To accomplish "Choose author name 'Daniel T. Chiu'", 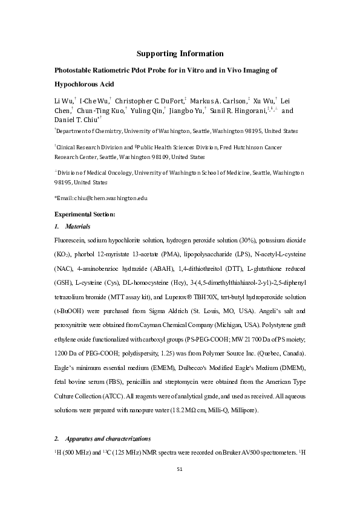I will pyautogui.click(x=80, y=121).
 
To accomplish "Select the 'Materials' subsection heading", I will pyautogui.click(x=76, y=227).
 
